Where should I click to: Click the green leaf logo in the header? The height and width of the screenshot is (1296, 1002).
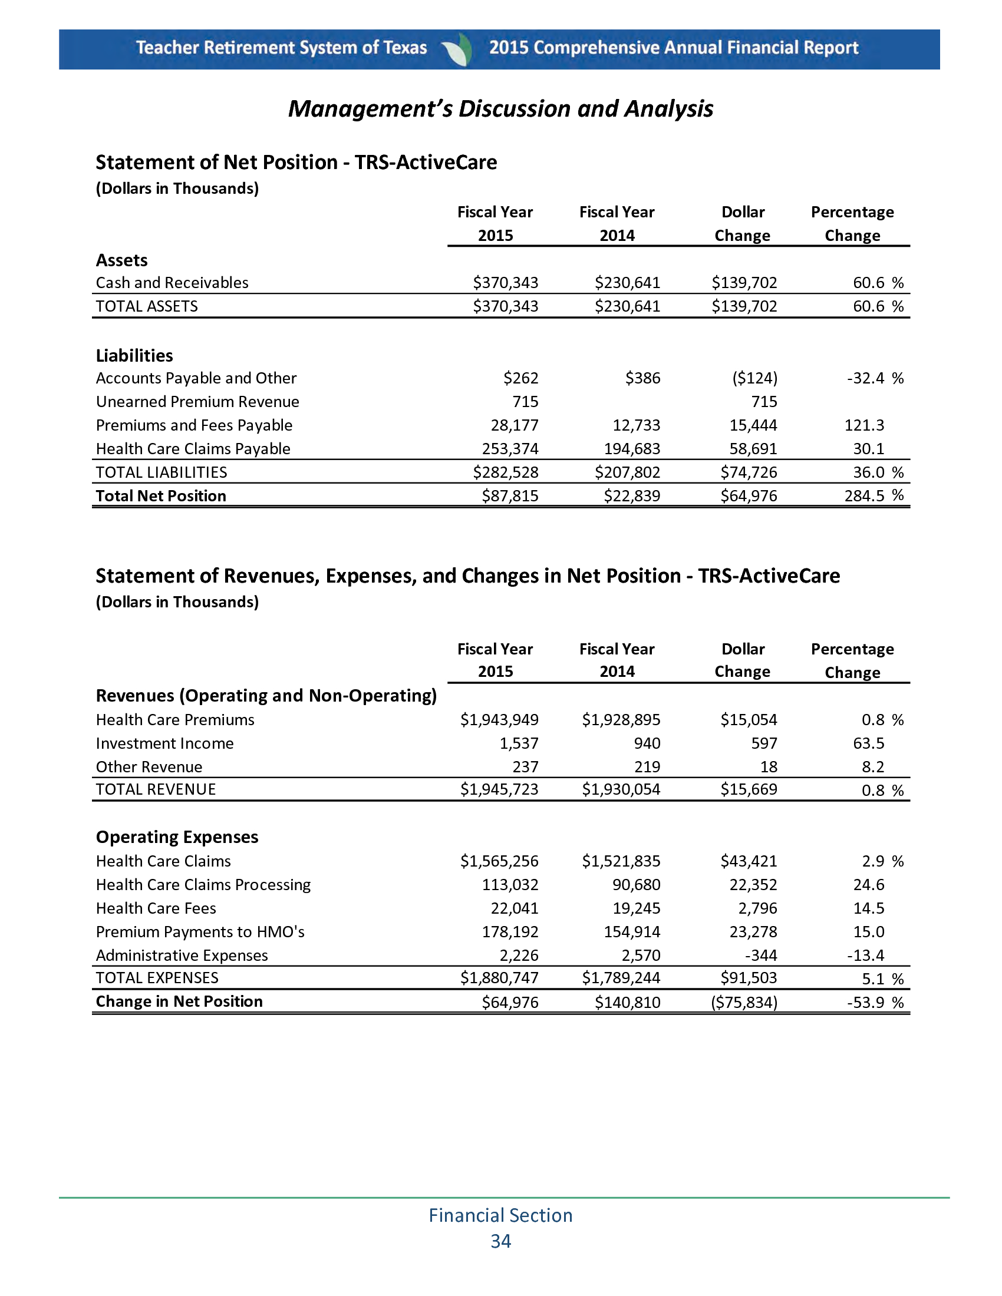coord(458,49)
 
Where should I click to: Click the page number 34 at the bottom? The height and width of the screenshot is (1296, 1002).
coord(500,1241)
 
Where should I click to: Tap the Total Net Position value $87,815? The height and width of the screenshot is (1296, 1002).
coord(510,495)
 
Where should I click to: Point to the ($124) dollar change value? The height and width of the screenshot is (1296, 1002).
coord(754,378)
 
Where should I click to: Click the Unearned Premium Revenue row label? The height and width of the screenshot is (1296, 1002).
coord(197,402)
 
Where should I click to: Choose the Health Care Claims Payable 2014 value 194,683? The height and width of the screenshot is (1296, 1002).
coord(632,449)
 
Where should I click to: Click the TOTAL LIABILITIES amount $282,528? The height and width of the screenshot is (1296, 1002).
coord(506,472)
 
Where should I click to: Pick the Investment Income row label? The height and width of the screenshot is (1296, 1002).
coord(164,743)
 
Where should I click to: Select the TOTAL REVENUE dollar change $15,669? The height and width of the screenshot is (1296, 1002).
coord(749,789)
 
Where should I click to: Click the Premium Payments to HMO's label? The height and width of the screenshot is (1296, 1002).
coord(200,932)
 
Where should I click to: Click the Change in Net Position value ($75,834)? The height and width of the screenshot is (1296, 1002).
coord(744,1002)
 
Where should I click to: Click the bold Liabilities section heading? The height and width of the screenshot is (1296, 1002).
coord(134,355)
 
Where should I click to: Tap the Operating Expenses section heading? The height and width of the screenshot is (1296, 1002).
coord(177,837)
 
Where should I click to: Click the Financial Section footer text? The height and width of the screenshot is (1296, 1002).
coord(500,1215)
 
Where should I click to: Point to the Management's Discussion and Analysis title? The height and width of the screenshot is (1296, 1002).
coord(500,108)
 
